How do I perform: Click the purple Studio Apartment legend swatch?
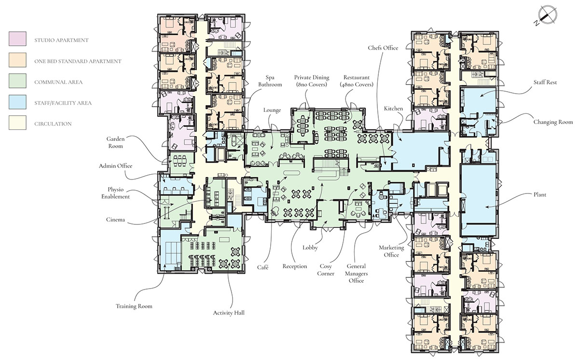[x=17, y=39]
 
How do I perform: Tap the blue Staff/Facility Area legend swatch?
[x=17, y=102]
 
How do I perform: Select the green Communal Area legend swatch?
[x=17, y=81]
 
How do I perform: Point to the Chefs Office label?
[x=383, y=48]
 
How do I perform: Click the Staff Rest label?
[x=545, y=82]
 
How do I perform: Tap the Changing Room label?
[x=553, y=122]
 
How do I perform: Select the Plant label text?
[x=540, y=194]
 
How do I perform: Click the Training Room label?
[x=134, y=306]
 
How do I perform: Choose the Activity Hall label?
[x=229, y=313]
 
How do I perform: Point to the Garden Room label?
[x=115, y=142]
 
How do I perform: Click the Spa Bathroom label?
[x=270, y=81]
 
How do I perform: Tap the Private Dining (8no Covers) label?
[x=312, y=81]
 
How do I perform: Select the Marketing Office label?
[x=391, y=251]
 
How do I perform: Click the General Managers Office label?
[x=356, y=274]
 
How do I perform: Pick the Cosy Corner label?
[x=325, y=270]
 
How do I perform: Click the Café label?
[x=262, y=267]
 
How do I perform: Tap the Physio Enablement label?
[x=115, y=193]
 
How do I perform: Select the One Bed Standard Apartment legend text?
[x=78, y=61]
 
